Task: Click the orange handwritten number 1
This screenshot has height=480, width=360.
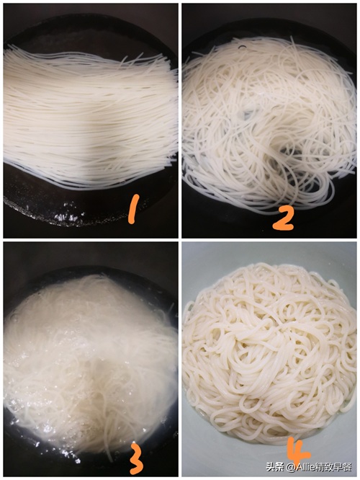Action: pos(133,209)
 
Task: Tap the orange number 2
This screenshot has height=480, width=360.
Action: pos(284,218)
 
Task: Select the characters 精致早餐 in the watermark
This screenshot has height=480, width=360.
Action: pos(334,467)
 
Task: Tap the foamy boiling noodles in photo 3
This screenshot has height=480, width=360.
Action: pos(90,364)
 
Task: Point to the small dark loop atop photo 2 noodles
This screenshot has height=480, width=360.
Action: pos(243,47)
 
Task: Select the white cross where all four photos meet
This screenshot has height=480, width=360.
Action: pos(180,240)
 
